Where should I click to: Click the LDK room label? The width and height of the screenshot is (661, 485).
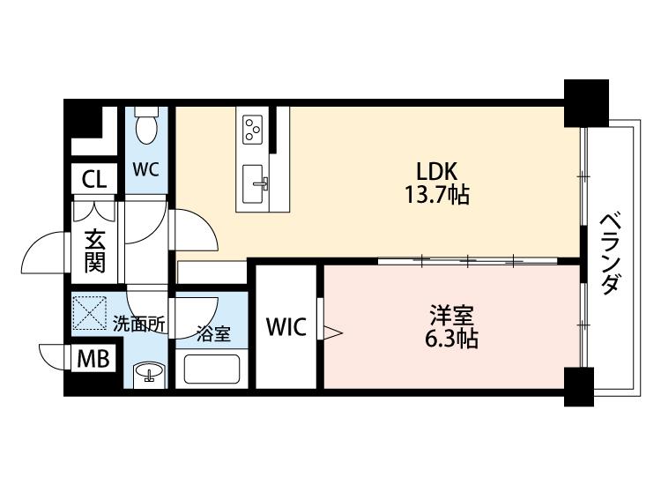pyautogui.click(x=437, y=171)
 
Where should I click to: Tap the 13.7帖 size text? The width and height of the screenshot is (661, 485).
pyautogui.click(x=437, y=195)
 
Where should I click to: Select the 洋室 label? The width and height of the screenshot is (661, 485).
pyautogui.click(x=451, y=315)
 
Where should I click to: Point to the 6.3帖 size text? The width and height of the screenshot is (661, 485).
pyautogui.click(x=451, y=339)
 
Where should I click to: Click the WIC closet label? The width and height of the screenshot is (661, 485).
pyautogui.click(x=286, y=326)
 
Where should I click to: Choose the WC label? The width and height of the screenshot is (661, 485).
pyautogui.click(x=145, y=169)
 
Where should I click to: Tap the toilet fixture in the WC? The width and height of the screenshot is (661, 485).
pyautogui.click(x=146, y=125)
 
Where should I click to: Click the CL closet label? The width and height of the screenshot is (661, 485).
pyautogui.click(x=93, y=180)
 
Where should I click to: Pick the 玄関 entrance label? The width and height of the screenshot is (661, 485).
pyautogui.click(x=94, y=251)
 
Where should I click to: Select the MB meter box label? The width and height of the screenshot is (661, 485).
pyautogui.click(x=93, y=359)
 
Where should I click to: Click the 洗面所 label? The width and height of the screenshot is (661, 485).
pyautogui.click(x=138, y=324)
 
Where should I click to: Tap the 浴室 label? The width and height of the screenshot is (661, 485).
pyautogui.click(x=214, y=333)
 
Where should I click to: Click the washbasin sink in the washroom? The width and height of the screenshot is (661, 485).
pyautogui.click(x=148, y=374)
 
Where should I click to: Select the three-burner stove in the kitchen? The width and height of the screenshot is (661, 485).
pyautogui.click(x=252, y=129)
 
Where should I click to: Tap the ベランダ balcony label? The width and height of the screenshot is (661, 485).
pyautogui.click(x=610, y=255)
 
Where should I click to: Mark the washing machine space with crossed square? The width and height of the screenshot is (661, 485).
pyautogui.click(x=90, y=312)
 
